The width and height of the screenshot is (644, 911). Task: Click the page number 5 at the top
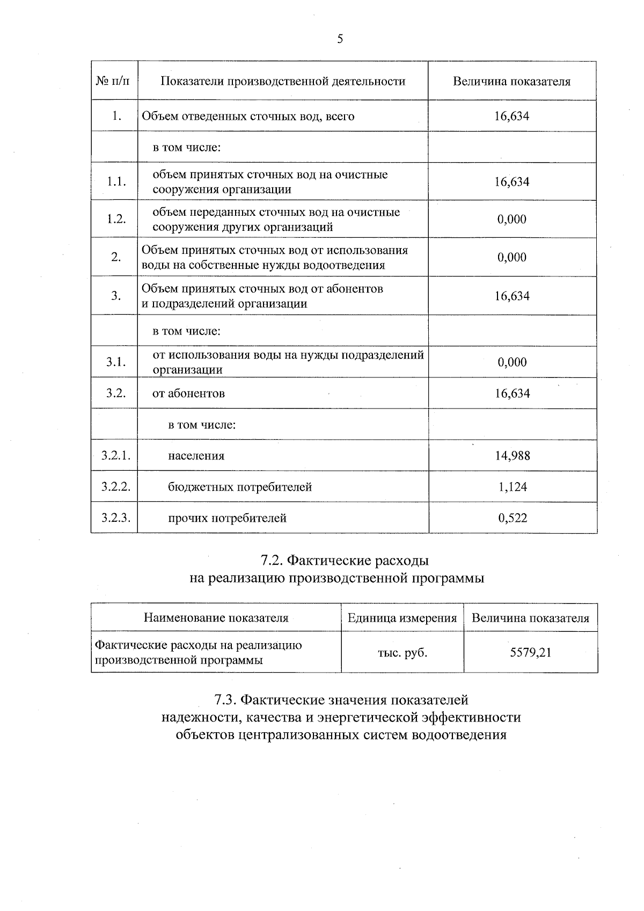pyautogui.click(x=340, y=39)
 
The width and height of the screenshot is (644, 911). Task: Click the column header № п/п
pyautogui.click(x=113, y=82)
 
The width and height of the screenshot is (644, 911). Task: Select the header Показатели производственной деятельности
pyautogui.click(x=283, y=82)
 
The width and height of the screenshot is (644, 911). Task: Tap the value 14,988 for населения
pyautogui.click(x=513, y=456)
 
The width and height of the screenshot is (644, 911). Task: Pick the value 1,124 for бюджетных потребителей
pyautogui.click(x=513, y=487)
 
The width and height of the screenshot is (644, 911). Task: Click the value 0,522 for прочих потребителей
pyautogui.click(x=513, y=518)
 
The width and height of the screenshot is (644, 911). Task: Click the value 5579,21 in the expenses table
pyautogui.click(x=531, y=652)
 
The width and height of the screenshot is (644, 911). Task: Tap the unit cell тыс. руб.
pyautogui.click(x=402, y=653)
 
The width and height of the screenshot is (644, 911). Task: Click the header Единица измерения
pyautogui.click(x=402, y=618)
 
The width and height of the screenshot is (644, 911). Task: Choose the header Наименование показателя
pyautogui.click(x=216, y=618)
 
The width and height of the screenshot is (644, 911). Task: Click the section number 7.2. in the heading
pyautogui.click(x=272, y=561)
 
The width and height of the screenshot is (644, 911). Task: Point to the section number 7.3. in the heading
pyautogui.click(x=225, y=700)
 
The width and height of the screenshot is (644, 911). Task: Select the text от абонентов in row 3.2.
pyautogui.click(x=188, y=393)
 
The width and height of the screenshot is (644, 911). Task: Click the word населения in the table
pyautogui.click(x=196, y=456)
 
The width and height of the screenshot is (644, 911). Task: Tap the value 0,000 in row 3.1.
pyautogui.click(x=513, y=362)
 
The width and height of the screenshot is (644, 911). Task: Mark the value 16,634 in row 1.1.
pyautogui.click(x=512, y=182)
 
